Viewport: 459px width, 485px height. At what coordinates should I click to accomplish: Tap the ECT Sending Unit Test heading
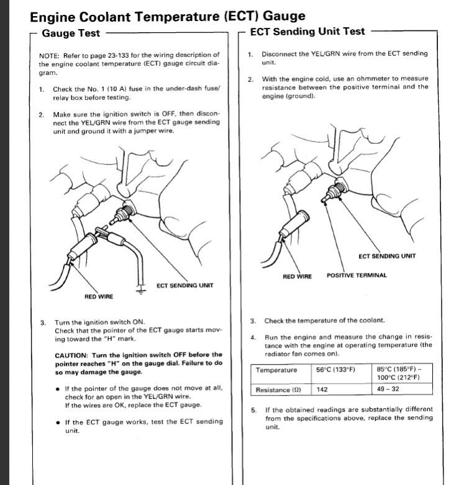click(307, 31)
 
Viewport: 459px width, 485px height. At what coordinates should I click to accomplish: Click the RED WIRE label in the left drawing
click(99, 296)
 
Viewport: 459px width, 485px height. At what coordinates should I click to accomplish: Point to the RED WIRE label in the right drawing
click(298, 276)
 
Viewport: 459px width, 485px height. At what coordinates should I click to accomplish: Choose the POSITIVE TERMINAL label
click(357, 275)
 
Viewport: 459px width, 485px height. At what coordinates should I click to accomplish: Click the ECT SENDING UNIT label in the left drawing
click(184, 285)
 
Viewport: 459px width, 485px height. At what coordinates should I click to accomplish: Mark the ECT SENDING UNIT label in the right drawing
click(387, 256)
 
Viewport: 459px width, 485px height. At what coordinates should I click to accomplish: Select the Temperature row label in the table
click(276, 370)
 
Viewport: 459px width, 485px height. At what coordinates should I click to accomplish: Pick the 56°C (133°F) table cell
click(335, 370)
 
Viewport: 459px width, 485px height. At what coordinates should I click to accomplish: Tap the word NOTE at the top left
click(49, 55)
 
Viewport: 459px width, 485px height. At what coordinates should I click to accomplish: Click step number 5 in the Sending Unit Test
click(253, 410)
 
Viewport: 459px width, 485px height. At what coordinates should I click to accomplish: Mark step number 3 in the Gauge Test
click(43, 323)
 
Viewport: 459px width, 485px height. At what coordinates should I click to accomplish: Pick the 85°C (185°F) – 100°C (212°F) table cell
click(404, 373)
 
